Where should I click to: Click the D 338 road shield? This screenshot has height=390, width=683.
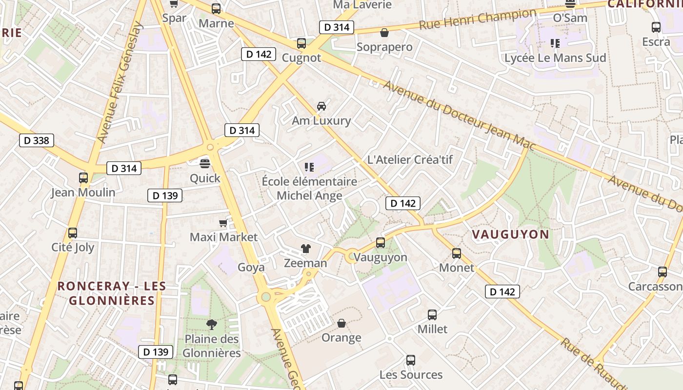pos(37,141)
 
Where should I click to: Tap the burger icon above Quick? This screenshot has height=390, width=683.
pos(205,163)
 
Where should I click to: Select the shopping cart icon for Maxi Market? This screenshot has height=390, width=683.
pos(223,223)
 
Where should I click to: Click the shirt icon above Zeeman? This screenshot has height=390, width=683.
pos(306,249)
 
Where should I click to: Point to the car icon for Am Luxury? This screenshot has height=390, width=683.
pos(321,106)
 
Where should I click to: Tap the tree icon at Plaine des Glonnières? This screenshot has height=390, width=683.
pos(212,324)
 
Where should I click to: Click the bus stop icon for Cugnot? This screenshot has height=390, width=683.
pos(301,43)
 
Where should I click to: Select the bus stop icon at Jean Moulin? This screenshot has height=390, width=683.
pos(83,178)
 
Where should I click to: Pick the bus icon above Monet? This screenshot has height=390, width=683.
pos(457,253)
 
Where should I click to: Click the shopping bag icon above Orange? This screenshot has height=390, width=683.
pos(341,323)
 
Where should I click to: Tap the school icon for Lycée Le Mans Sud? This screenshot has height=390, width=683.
pos(555,43)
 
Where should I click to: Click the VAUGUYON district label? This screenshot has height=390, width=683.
pos(510,234)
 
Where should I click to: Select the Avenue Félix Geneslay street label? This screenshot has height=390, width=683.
pos(119,83)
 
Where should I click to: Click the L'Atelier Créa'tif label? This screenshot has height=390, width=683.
pos(410,159)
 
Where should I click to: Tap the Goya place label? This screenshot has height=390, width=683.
pos(251,267)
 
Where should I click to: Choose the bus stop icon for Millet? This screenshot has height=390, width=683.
pos(432,315)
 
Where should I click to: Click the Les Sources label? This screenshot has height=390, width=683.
pos(411,374)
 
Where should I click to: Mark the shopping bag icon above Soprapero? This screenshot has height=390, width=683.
pos(384,33)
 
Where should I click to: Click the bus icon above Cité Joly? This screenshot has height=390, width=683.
pos(73,233)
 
